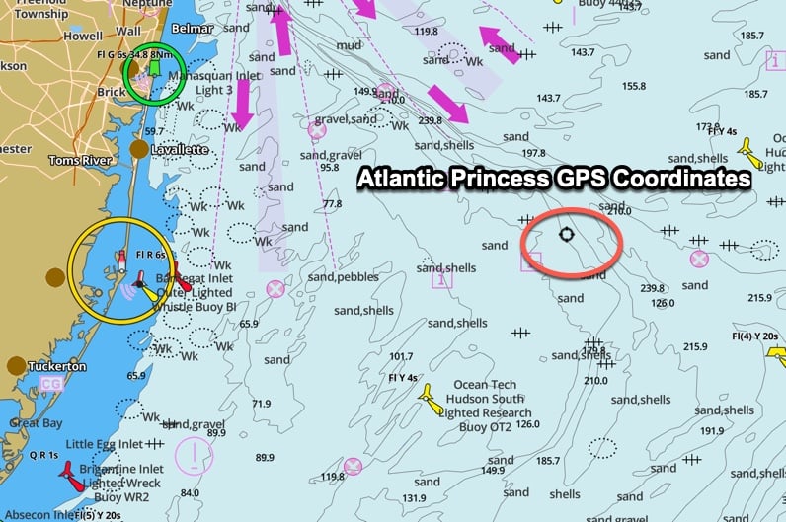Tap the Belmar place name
pyautogui.click(x=193, y=30)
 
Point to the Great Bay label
pyautogui.click(x=36, y=422)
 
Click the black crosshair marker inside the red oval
pyautogui.click(x=566, y=234)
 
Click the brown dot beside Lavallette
pyautogui.click(x=140, y=149)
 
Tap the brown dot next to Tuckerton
pyautogui.click(x=15, y=366)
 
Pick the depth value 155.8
pyautogui.click(x=634, y=87)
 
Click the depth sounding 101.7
pyautogui.click(x=401, y=356)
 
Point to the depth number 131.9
pyautogui.click(x=414, y=498)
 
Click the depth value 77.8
pyautogui.click(x=332, y=204)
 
